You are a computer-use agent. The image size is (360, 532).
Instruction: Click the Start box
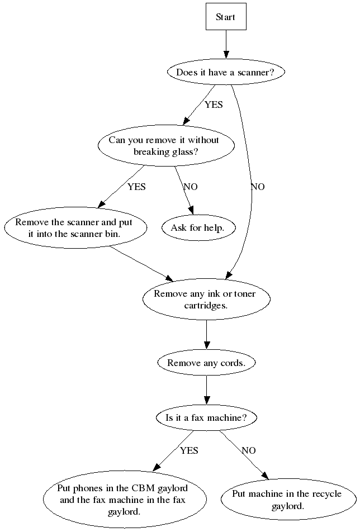click(x=226, y=17)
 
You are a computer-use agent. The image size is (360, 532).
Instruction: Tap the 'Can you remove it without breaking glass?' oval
click(x=164, y=146)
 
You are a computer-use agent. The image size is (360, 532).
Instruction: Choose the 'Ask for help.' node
click(x=197, y=227)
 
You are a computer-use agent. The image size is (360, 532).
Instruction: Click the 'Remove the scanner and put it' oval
click(x=76, y=227)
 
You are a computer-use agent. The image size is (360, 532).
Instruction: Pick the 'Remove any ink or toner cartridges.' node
click(x=206, y=300)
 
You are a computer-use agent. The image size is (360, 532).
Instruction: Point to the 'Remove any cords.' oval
click(x=206, y=363)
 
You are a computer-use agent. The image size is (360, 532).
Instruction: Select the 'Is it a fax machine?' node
click(x=206, y=417)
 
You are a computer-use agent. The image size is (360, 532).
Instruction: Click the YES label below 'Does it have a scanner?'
click(x=214, y=104)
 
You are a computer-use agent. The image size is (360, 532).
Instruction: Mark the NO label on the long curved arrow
click(x=258, y=187)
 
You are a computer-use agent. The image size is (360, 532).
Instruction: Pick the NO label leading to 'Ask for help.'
click(x=191, y=187)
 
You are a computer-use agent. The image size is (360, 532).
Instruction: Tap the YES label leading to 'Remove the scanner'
click(x=136, y=187)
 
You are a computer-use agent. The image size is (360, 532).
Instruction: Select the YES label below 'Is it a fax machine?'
click(x=189, y=450)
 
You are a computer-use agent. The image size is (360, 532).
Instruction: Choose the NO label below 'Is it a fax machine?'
click(x=249, y=450)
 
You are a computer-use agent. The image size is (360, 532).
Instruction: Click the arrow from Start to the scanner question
click(x=226, y=45)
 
